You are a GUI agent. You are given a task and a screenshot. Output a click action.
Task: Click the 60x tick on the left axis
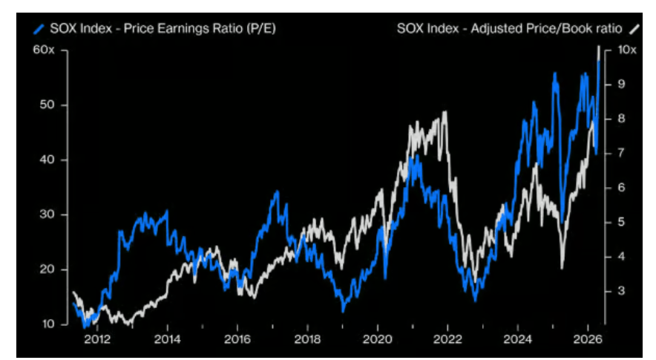(x=43, y=50)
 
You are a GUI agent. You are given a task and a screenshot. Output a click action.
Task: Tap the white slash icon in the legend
(x=633, y=29)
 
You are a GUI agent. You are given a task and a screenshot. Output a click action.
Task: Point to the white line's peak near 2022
(x=445, y=112)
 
